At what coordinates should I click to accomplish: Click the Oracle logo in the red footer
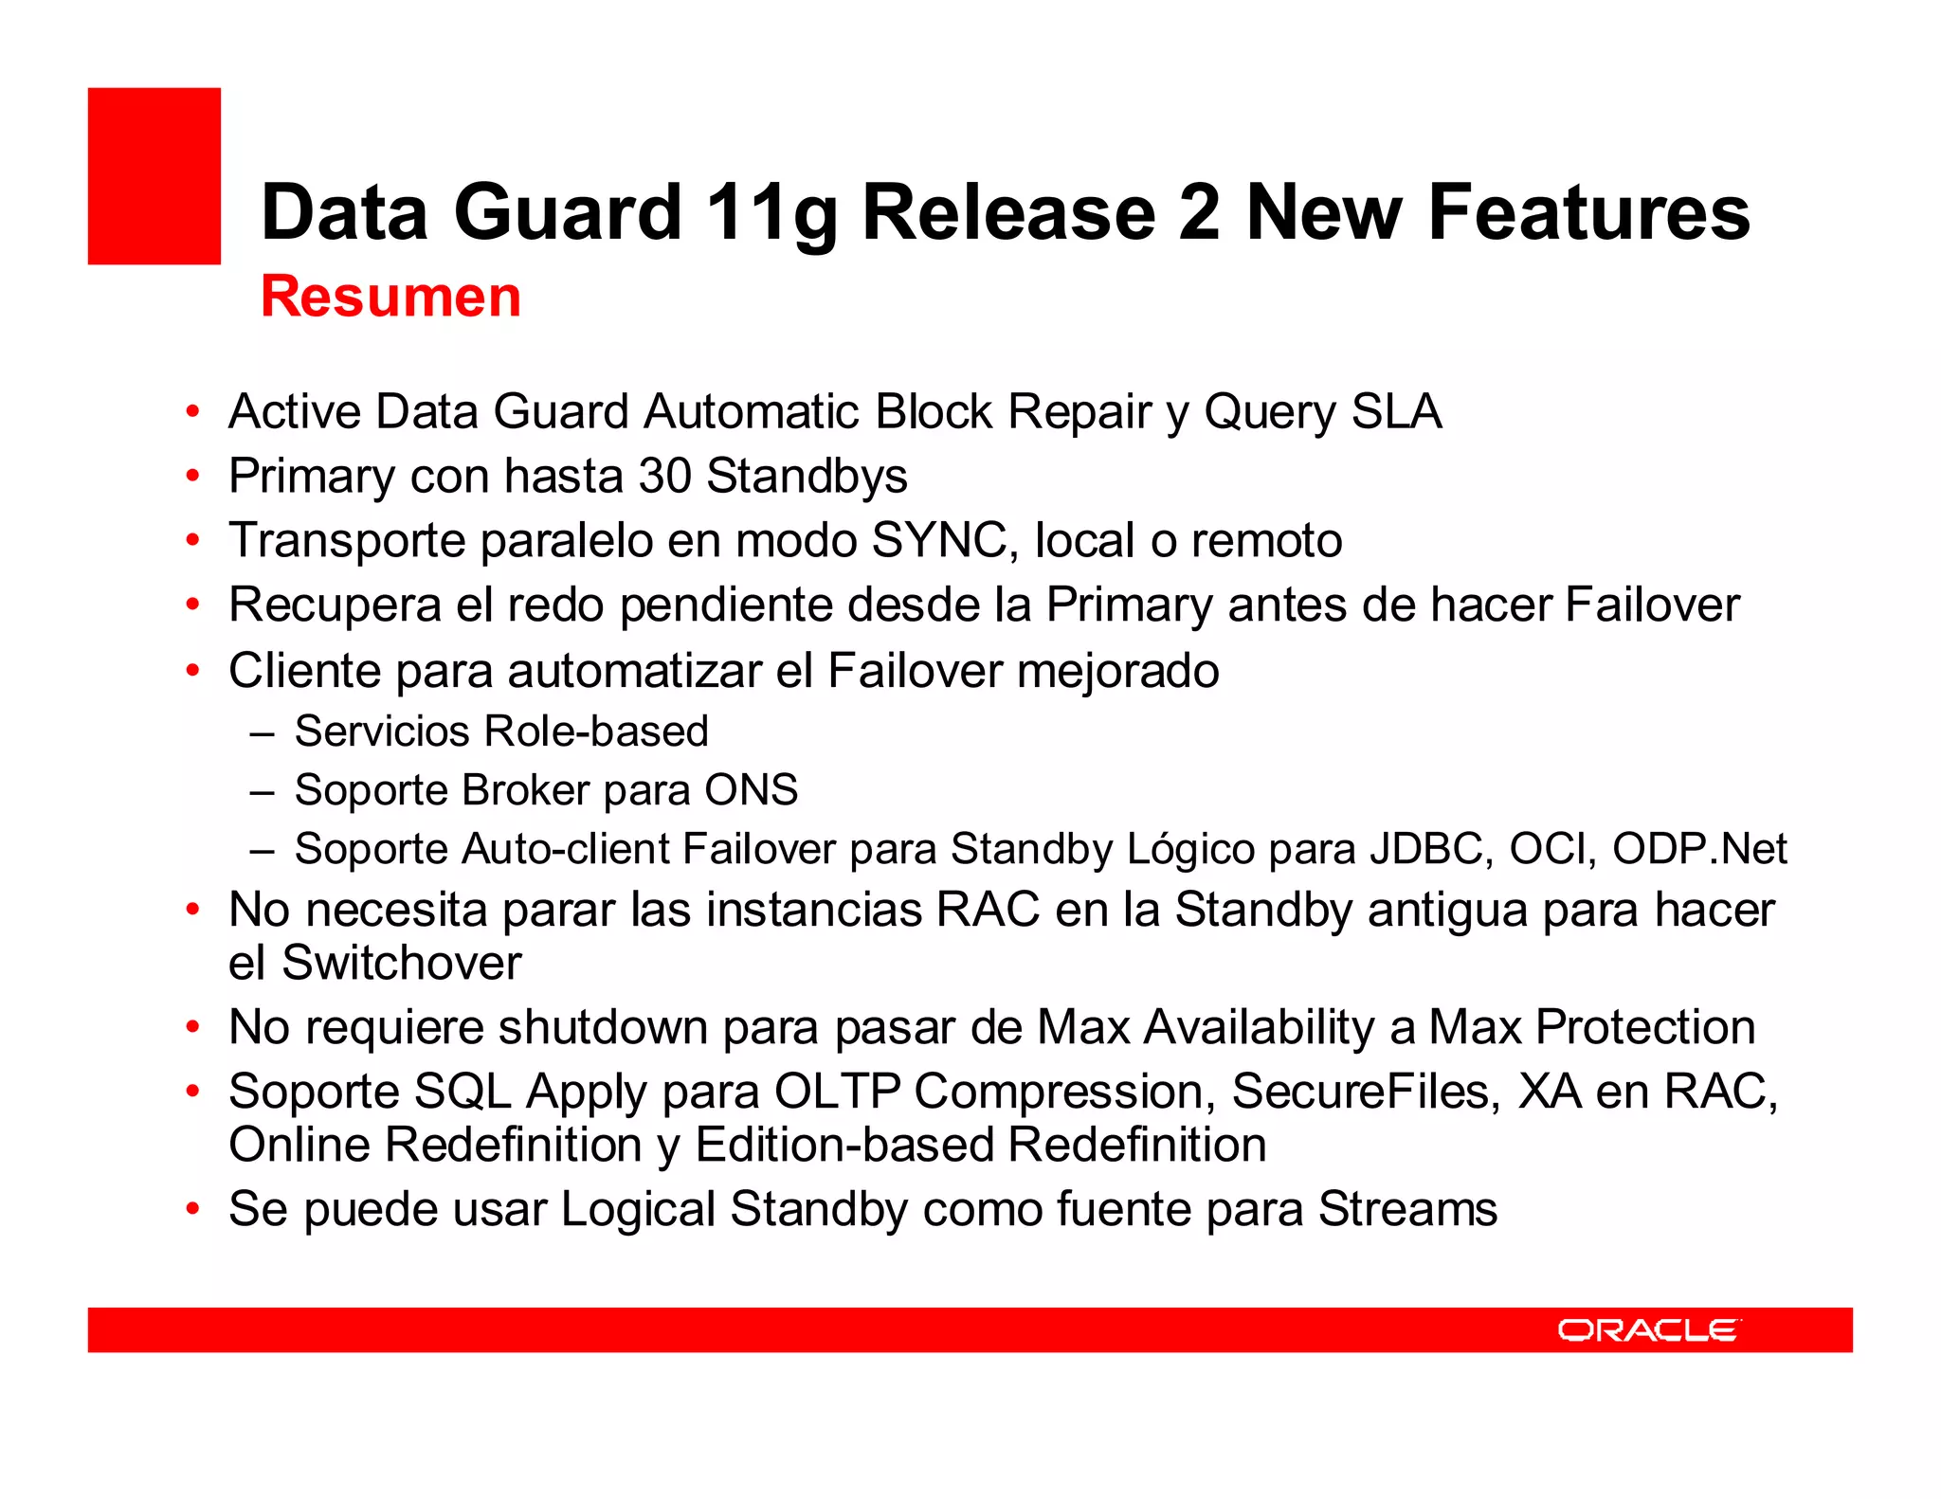pyautogui.click(x=1648, y=1330)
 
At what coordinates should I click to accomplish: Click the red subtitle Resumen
pyautogui.click(x=390, y=297)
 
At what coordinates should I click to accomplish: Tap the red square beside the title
pyautogui.click(x=154, y=176)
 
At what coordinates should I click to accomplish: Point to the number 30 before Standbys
pyautogui.click(x=664, y=476)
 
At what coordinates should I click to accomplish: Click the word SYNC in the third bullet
pyautogui.click(x=944, y=540)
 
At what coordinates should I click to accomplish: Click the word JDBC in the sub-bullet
pyautogui.click(x=1427, y=849)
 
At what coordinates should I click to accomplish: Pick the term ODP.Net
pyautogui.click(x=1699, y=849)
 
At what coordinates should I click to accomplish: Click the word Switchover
pyautogui.click(x=402, y=964)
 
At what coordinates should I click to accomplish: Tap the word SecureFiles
pyautogui.click(x=1366, y=1092)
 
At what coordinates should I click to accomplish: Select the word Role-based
pyautogui.click(x=596, y=731)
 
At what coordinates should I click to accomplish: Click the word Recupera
pyautogui.click(x=335, y=605)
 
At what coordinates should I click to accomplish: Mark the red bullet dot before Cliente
pyautogui.click(x=193, y=671)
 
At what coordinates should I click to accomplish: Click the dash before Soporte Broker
pyautogui.click(x=263, y=791)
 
